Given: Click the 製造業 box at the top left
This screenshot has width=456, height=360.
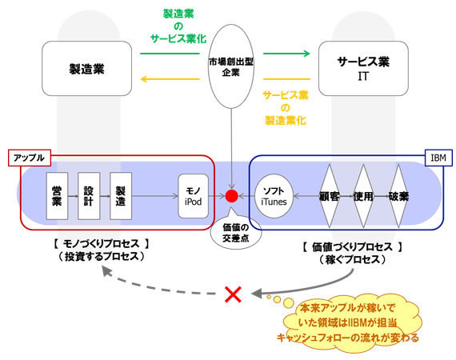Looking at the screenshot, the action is click(x=86, y=68).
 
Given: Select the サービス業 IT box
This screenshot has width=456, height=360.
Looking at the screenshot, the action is click(x=363, y=68).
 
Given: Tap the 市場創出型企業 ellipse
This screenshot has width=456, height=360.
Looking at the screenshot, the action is click(x=231, y=66).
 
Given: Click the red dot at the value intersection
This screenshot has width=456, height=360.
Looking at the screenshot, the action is click(x=232, y=196).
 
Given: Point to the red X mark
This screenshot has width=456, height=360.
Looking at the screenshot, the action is click(x=234, y=294).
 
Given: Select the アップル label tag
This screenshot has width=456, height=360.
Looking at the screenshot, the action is click(x=30, y=158).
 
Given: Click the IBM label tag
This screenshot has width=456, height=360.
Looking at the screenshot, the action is click(x=438, y=158).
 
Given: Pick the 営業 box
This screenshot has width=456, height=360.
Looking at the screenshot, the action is click(x=57, y=196).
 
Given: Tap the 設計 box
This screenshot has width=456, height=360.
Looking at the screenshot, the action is click(x=89, y=196).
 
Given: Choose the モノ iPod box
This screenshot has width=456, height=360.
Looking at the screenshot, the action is click(x=193, y=196).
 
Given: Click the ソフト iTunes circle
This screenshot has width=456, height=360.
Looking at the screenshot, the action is click(x=274, y=196).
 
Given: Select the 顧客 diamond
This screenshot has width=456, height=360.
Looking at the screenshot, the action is click(x=330, y=196).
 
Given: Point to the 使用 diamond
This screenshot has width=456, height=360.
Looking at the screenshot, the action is click(x=363, y=196).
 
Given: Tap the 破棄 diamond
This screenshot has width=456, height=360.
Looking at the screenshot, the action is click(x=398, y=196).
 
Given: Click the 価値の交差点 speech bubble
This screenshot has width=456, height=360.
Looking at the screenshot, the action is click(x=235, y=233).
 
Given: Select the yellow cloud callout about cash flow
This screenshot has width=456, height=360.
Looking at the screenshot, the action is click(x=349, y=322).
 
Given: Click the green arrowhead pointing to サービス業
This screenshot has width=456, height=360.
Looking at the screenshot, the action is click(x=306, y=54).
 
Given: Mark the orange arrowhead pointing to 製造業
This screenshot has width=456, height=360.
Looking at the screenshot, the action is click(x=146, y=79).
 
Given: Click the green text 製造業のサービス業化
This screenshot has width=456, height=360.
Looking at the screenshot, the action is click(x=178, y=26).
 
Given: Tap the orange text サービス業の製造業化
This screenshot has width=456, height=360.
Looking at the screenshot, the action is click(x=286, y=108).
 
